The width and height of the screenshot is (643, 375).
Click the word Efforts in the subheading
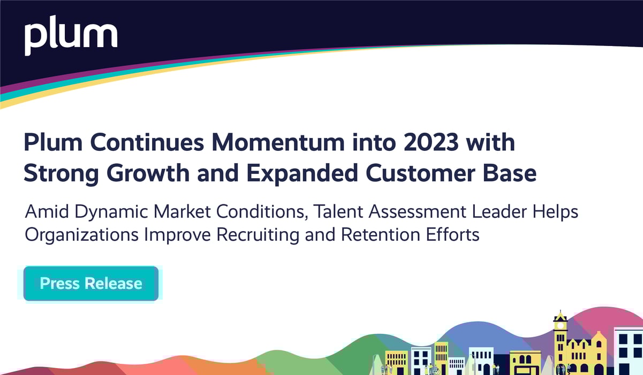coord(455,234)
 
